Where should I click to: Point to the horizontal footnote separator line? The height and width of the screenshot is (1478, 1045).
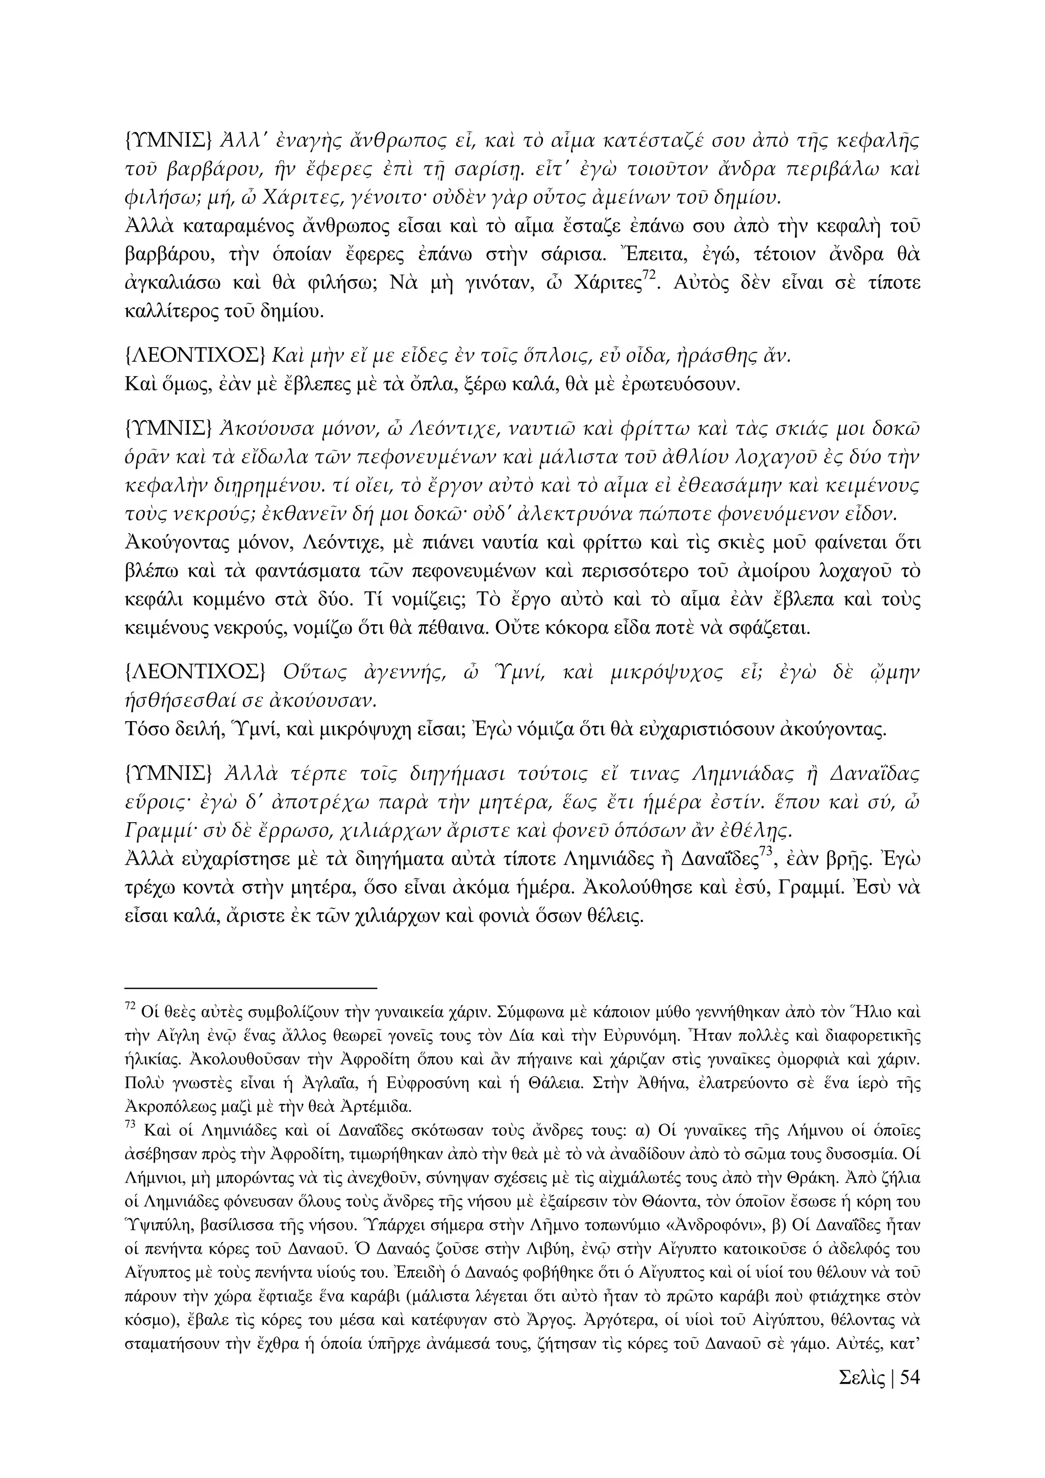click(251, 987)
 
